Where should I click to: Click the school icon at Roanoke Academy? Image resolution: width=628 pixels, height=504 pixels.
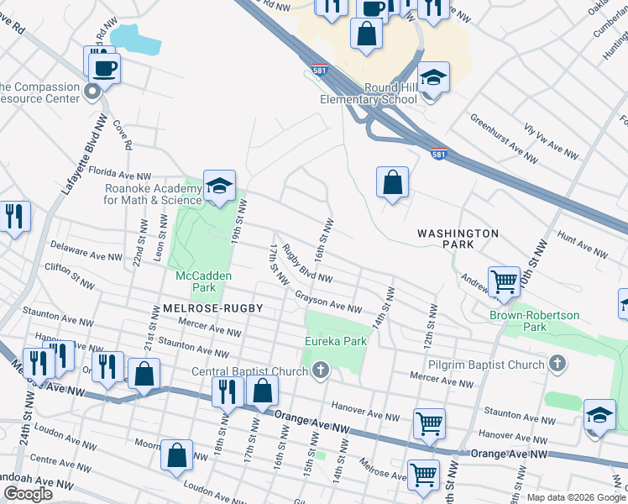(x=219, y=186)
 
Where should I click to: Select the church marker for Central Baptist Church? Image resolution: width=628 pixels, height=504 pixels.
(x=320, y=370)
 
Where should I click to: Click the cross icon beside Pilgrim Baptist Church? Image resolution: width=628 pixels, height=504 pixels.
(x=556, y=364)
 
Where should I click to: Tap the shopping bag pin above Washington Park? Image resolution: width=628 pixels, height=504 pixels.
(x=392, y=181)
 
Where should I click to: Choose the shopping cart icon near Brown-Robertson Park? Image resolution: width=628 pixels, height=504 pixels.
(x=504, y=281)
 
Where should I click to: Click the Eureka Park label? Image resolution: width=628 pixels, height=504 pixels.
(x=335, y=341)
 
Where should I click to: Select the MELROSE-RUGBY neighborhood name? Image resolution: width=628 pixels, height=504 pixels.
(x=208, y=308)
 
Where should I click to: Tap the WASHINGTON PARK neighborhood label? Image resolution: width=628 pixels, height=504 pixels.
(x=458, y=239)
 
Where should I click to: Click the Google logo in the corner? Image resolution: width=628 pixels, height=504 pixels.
(x=28, y=494)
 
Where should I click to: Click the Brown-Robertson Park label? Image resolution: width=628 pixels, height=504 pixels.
(x=535, y=321)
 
